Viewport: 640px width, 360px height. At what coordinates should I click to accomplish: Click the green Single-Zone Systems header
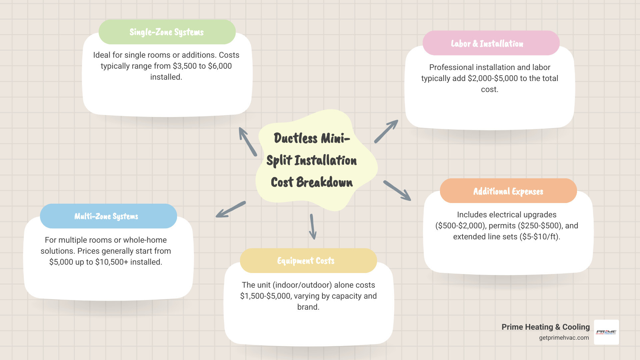point(167,32)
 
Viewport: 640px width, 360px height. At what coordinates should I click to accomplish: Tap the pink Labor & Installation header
point(487,44)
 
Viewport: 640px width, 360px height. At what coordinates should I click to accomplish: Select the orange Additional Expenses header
point(508,191)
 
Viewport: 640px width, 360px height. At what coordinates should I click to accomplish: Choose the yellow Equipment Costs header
point(306,261)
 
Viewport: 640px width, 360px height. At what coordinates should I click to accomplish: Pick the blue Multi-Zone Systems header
point(106,216)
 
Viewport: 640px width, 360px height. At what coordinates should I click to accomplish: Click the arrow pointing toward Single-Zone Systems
point(247,141)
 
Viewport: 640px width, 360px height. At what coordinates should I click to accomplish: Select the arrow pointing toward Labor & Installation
point(386,131)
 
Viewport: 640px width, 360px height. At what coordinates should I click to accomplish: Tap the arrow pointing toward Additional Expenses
point(397,190)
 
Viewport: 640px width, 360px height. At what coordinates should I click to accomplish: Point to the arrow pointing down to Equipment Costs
point(313,227)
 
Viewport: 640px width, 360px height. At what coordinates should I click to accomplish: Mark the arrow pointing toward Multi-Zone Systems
point(231,209)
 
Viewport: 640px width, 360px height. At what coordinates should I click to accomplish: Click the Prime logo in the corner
point(606,332)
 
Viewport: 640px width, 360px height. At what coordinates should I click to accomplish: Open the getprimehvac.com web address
point(564,338)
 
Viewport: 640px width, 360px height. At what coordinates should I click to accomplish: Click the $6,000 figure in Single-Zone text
point(220,66)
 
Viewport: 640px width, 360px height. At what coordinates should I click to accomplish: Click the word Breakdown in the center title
point(324,182)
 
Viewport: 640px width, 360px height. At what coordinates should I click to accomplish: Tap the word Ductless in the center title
point(296,138)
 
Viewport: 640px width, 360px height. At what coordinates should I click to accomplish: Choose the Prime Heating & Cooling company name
point(545,327)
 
